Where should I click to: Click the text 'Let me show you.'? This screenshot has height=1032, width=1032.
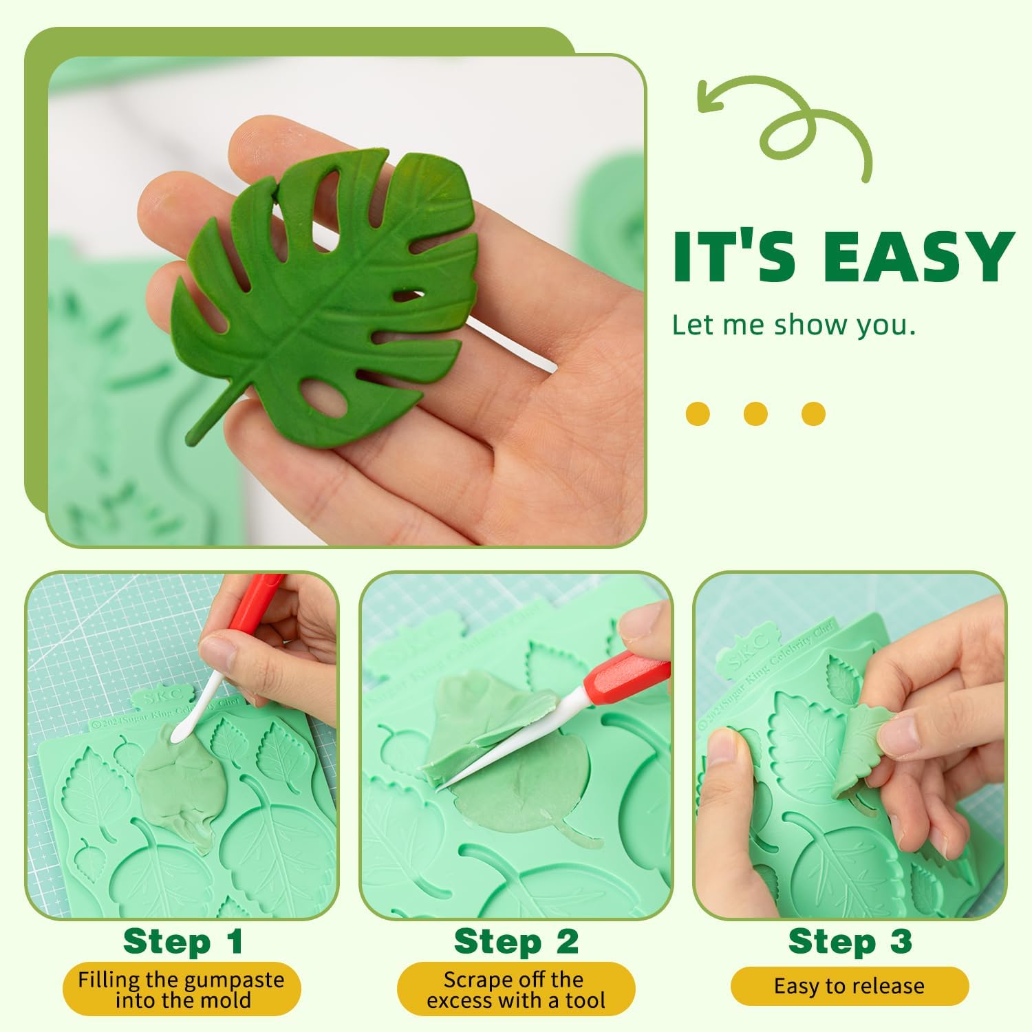pos(793,325)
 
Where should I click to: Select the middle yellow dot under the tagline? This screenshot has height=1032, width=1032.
pos(755,413)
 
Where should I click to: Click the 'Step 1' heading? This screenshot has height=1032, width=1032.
pos(183,941)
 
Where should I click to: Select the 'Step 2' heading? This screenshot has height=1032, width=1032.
pos(516,941)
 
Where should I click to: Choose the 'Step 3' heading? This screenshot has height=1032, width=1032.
pos(850,940)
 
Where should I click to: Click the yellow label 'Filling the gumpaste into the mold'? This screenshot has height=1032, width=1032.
pos(182,989)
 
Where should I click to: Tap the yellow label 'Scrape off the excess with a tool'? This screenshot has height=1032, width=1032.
pos(516,989)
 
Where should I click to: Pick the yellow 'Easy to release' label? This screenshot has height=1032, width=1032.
pos(849,986)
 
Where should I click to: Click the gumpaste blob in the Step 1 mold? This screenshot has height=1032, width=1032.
pos(172,784)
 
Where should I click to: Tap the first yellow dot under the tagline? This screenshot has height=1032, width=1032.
pos(698,413)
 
